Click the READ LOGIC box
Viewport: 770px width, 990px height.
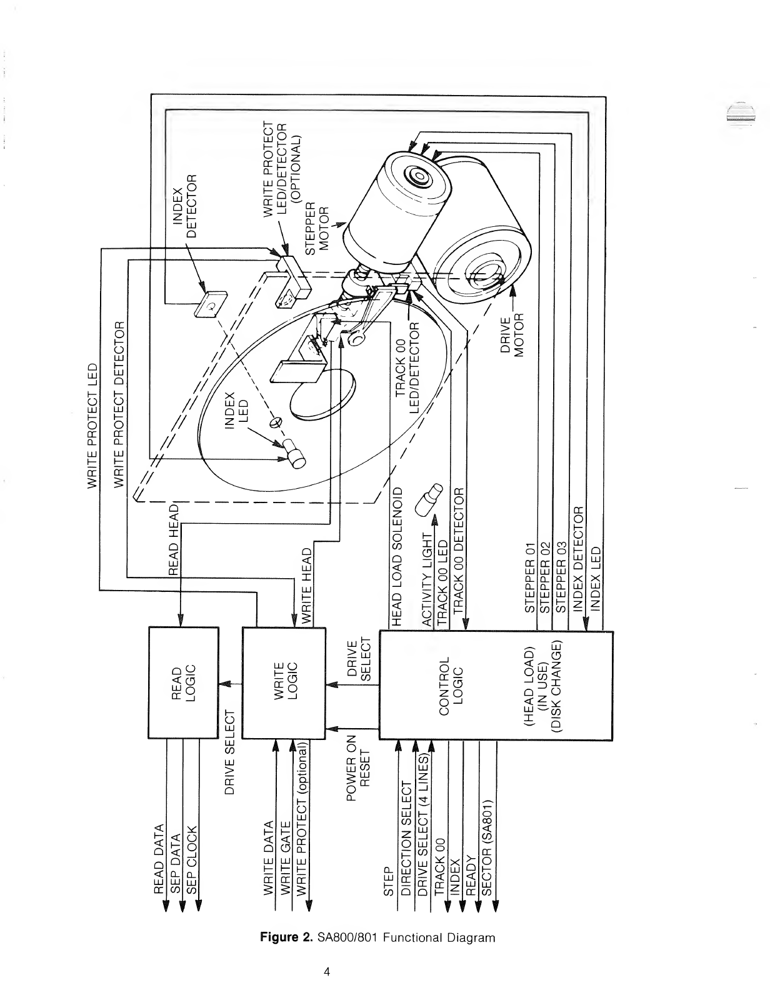183,683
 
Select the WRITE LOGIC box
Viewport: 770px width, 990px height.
282,683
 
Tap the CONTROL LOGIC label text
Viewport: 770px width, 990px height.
452,683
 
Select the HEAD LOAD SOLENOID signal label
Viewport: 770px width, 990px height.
396,554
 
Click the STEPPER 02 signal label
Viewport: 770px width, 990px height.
545,576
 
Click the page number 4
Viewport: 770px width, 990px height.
326,972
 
